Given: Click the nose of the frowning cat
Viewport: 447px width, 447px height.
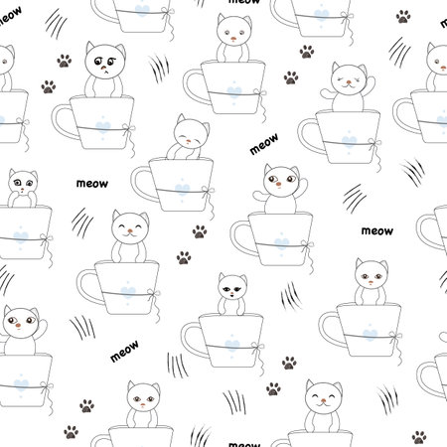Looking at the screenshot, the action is click(x=104, y=69).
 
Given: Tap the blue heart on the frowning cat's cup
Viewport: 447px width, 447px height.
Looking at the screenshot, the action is click(x=102, y=126).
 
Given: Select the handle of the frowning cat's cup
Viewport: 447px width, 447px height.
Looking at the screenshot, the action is click(x=64, y=121).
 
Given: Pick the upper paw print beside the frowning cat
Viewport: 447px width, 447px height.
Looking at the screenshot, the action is click(x=65, y=61).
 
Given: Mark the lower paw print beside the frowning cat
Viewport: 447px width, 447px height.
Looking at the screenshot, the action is click(x=49, y=86).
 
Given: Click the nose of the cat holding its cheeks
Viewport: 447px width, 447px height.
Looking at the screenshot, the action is click(x=22, y=190).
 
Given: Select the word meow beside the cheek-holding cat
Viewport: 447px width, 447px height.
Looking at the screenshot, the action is click(x=92, y=184).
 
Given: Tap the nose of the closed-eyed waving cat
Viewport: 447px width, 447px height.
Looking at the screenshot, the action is click(x=349, y=81).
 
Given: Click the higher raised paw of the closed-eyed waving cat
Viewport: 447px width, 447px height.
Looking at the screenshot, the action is click(x=371, y=84).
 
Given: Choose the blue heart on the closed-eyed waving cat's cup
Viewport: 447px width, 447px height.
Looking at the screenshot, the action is click(x=349, y=142).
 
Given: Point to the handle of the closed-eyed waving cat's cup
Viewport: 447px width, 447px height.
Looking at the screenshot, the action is click(x=311, y=136).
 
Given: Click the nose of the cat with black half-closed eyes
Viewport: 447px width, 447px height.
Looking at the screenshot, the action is click(x=232, y=294).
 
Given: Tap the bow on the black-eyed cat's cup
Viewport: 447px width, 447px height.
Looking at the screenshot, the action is click(x=257, y=348).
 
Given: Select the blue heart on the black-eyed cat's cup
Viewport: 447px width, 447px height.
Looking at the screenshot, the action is click(x=232, y=345).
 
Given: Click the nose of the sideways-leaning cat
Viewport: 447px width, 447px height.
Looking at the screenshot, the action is click(x=188, y=141).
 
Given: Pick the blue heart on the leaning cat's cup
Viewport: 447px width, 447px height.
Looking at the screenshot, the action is click(x=182, y=190).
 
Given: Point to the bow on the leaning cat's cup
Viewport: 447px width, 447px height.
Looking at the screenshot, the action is click(x=208, y=192).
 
